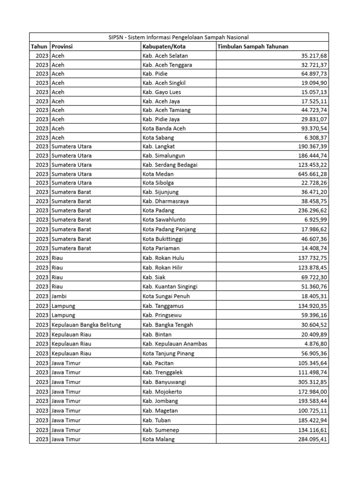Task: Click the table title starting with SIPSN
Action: click(x=179, y=37)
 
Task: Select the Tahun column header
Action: click(x=39, y=46)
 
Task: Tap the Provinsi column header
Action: click(x=62, y=46)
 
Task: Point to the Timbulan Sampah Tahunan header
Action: click(x=253, y=46)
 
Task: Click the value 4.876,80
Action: click(x=313, y=344)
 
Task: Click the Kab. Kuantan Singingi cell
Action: click(x=170, y=286)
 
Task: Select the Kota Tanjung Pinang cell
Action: click(x=168, y=353)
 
